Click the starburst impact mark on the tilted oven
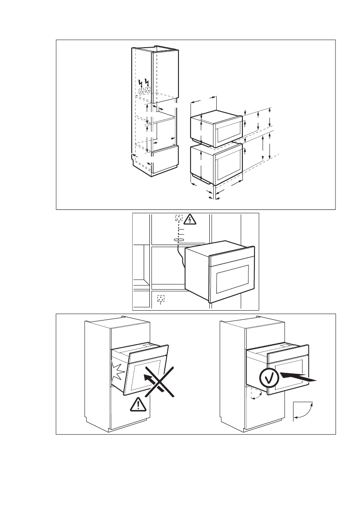[x=117, y=372]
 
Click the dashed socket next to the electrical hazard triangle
[x=179, y=218]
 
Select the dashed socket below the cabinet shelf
[x=160, y=298]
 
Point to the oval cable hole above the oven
[x=179, y=240]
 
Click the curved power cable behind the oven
[x=180, y=260]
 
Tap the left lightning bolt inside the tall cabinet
[x=141, y=82]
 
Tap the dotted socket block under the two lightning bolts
[x=144, y=91]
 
